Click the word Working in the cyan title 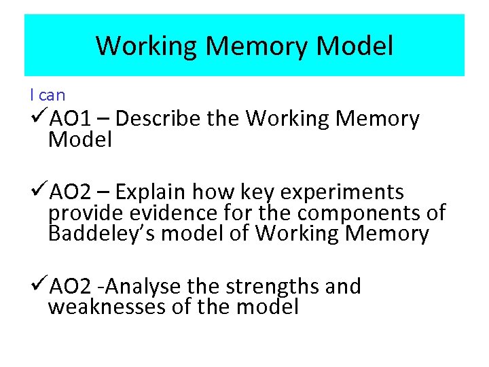pos(146,46)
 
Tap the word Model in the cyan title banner pos(355,46)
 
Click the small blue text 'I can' pos(47,95)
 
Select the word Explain pos(153,192)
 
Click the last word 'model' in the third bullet pos(268,307)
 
